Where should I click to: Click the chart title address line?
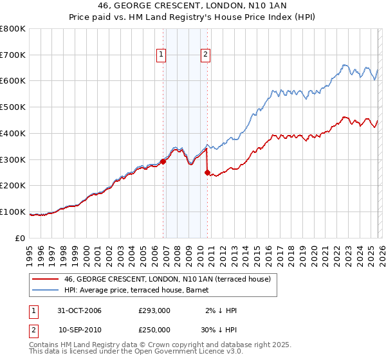(193, 6)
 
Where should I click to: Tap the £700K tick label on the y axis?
(13, 55)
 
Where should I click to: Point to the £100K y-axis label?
(13, 212)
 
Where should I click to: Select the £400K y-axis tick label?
(13, 134)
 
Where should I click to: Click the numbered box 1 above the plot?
(161, 55)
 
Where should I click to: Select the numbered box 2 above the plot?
(205, 55)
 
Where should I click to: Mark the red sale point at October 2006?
(163, 161)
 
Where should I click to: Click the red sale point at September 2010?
(207, 172)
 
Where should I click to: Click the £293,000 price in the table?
(154, 311)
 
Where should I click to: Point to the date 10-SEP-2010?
(80, 329)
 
